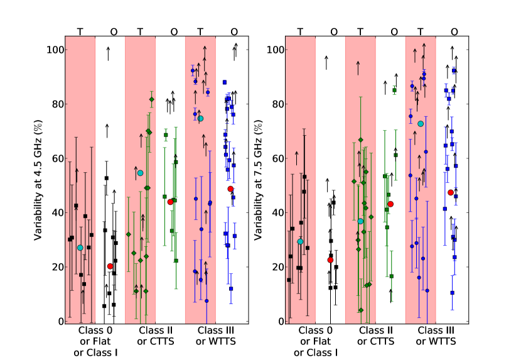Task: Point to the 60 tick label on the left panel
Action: click(56, 158)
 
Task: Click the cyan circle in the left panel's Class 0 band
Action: click(80, 248)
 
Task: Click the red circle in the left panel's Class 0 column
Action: click(110, 266)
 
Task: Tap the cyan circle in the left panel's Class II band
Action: click(140, 173)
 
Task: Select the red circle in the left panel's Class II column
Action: click(170, 202)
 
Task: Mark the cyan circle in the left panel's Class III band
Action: click(200, 118)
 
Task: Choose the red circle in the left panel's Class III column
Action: click(230, 189)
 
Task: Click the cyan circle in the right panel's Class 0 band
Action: click(301, 241)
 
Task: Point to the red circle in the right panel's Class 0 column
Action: click(330, 259)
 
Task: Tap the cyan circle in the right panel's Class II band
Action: click(360, 221)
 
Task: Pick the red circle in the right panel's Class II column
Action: click(390, 204)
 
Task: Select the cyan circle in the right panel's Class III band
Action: click(421, 124)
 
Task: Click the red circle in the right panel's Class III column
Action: click(451, 192)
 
